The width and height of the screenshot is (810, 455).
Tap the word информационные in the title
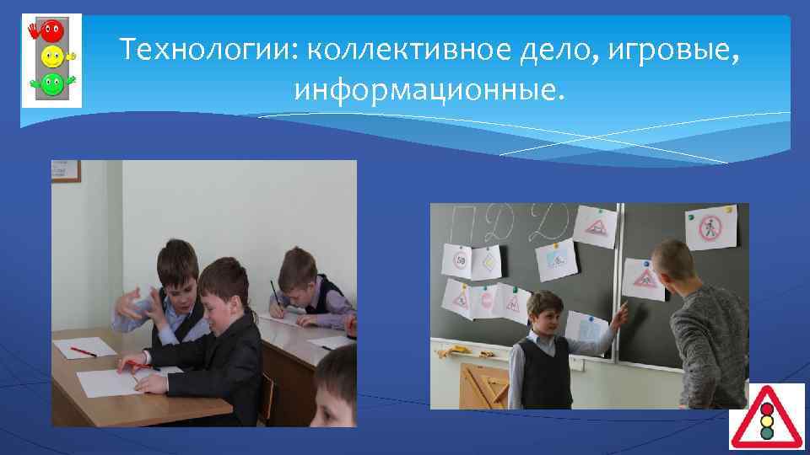(x=425, y=88)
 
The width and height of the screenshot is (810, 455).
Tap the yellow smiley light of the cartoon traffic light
(x=52, y=58)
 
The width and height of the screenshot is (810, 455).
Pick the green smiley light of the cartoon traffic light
(x=52, y=83)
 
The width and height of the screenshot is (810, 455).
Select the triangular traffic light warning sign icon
(x=766, y=416)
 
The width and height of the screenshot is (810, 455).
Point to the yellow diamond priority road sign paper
(x=489, y=265)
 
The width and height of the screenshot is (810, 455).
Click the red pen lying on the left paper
(x=83, y=351)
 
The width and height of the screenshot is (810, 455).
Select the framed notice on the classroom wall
(x=67, y=171)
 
